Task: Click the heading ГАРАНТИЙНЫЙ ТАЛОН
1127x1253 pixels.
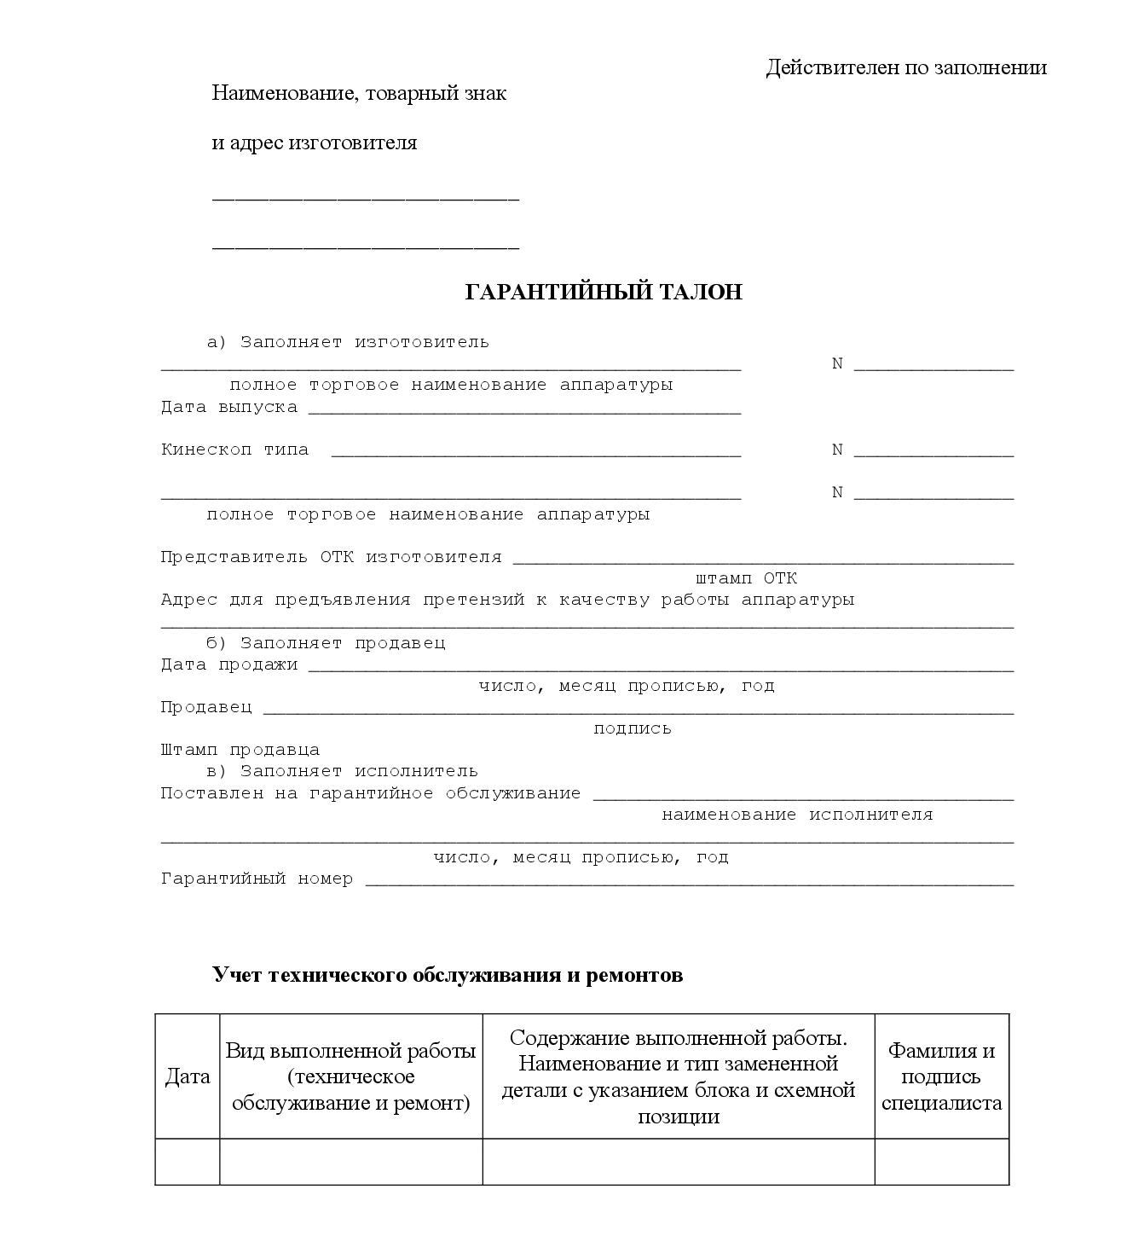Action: (x=604, y=292)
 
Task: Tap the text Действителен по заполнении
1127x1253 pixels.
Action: (x=906, y=67)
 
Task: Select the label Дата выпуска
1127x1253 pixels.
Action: (x=229, y=407)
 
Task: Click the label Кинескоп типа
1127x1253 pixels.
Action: (x=234, y=450)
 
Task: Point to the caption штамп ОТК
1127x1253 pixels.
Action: (x=746, y=578)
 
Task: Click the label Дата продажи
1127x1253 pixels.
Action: (x=229, y=664)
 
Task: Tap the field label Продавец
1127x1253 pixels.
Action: (x=206, y=707)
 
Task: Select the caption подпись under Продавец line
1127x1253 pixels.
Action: (x=633, y=728)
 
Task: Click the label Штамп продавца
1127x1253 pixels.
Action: (x=240, y=750)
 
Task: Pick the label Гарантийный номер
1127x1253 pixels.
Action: (x=257, y=879)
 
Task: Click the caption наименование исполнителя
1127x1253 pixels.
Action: (x=797, y=815)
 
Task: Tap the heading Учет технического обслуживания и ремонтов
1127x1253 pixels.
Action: (x=448, y=975)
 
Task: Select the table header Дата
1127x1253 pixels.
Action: (x=188, y=1076)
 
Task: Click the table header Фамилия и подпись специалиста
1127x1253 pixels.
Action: (x=941, y=1076)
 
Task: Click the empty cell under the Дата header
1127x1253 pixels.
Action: (x=188, y=1162)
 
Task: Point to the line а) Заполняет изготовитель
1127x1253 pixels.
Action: (x=348, y=342)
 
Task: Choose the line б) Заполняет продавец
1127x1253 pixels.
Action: (x=326, y=642)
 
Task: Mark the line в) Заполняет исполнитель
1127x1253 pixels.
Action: (x=342, y=771)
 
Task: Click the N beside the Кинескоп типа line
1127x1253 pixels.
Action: (x=837, y=450)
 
